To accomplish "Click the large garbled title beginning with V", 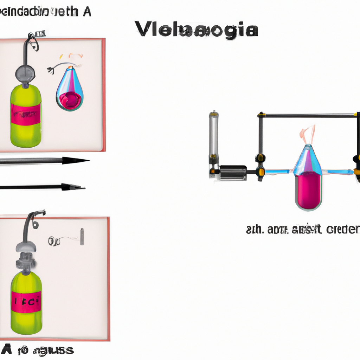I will [x=196, y=30].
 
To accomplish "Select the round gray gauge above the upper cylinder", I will [x=25, y=73].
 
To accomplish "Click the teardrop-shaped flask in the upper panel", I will [x=70, y=90].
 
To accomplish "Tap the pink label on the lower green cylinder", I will [x=26, y=301].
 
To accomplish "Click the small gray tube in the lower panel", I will [x=82, y=237].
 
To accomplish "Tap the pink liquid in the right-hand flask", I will [x=308, y=192].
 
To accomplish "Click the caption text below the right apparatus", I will [x=302, y=230].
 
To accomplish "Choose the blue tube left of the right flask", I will [x=278, y=172].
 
